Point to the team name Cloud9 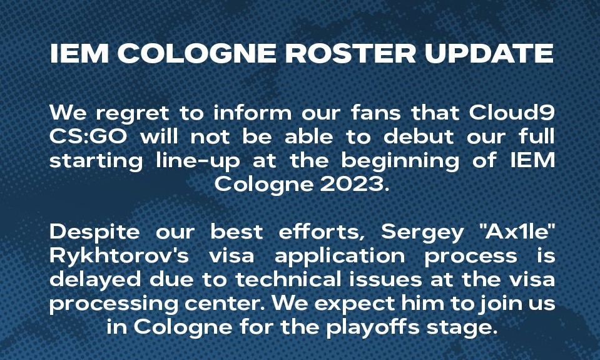[x=512, y=113]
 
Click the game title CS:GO [x=88, y=136]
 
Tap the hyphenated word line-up [x=198, y=162]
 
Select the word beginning [x=400, y=162]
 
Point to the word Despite [x=94, y=233]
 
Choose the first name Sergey [x=422, y=233]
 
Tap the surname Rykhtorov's [x=119, y=257]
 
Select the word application [x=340, y=257]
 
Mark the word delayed [x=95, y=280]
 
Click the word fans [x=376, y=113]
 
